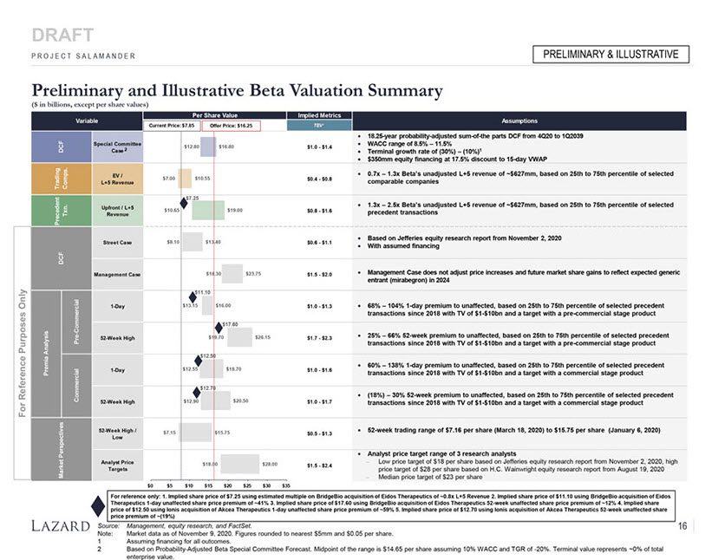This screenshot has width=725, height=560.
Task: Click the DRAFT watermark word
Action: [62, 36]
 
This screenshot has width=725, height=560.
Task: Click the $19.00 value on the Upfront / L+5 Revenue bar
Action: [234, 210]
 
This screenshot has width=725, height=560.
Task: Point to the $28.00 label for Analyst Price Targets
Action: [269, 465]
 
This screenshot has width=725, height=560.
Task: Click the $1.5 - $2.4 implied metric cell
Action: [319, 465]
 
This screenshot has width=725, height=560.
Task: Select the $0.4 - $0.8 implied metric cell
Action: [319, 179]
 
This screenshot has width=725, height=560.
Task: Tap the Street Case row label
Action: [116, 242]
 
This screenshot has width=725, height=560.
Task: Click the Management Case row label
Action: [116, 274]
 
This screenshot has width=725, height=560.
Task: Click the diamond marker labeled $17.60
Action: [218, 328]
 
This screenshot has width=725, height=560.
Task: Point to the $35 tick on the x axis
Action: [285, 485]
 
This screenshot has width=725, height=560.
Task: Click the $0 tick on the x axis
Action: [151, 485]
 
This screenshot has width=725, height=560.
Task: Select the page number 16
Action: [683, 526]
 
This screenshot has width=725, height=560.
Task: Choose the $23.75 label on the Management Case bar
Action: [254, 274]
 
